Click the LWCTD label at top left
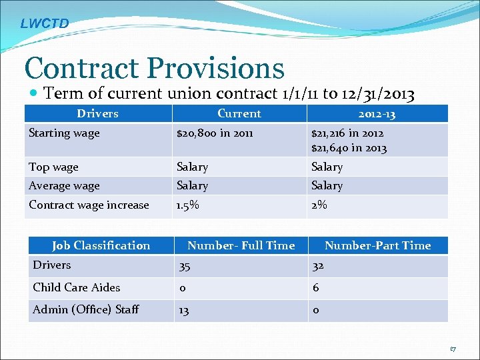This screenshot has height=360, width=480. [44, 23]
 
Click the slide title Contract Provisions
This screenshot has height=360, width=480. [154, 67]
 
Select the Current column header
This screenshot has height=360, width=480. [239, 113]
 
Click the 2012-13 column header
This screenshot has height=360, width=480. [377, 114]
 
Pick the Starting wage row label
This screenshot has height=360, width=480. [64, 133]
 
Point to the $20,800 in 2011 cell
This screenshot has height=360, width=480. [214, 133]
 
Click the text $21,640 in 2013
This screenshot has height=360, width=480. [349, 148]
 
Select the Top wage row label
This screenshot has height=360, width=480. [53, 167]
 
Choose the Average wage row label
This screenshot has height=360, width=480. [64, 185]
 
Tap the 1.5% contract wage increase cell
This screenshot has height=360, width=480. [187, 205]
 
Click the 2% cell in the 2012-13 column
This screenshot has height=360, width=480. [319, 205]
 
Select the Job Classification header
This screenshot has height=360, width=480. [101, 245]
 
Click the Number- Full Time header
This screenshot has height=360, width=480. [241, 245]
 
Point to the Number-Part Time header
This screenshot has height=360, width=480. [377, 245]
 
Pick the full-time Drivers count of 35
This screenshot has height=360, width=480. [183, 267]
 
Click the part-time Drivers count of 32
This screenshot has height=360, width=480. [319, 267]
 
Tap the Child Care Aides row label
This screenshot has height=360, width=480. [76, 287]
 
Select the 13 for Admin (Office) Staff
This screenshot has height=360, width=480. [183, 310]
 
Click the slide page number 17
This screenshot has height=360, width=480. [453, 349]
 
